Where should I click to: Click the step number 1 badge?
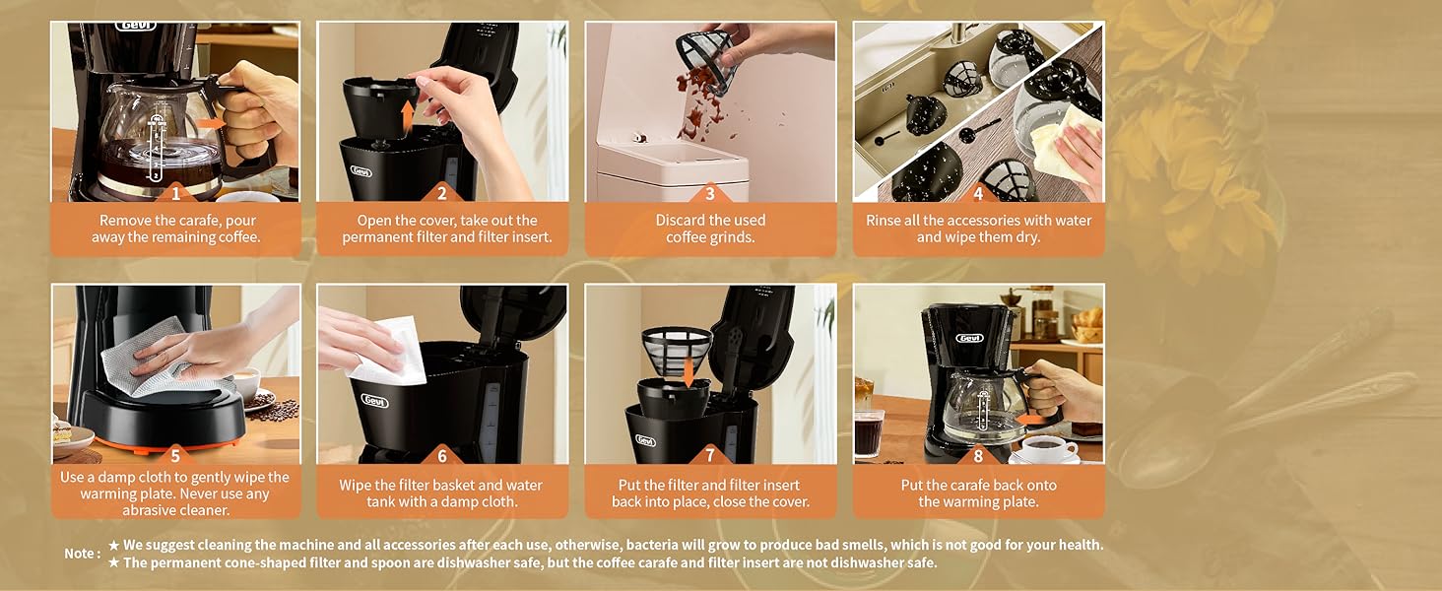[175, 193]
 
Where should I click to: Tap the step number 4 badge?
[978, 193]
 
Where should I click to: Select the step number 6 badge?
[442, 456]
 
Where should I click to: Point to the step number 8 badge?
[978, 456]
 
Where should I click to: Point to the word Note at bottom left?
[80, 554]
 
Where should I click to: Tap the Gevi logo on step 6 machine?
[375, 401]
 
